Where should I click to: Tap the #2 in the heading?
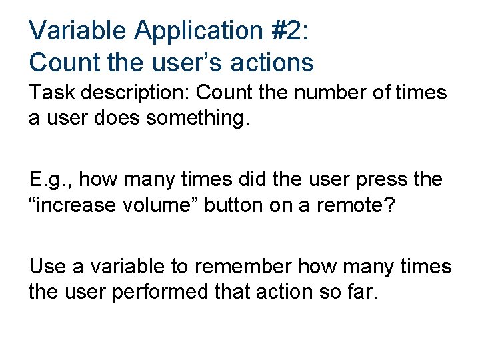coord(293,30)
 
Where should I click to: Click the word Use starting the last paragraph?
coord(47,266)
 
